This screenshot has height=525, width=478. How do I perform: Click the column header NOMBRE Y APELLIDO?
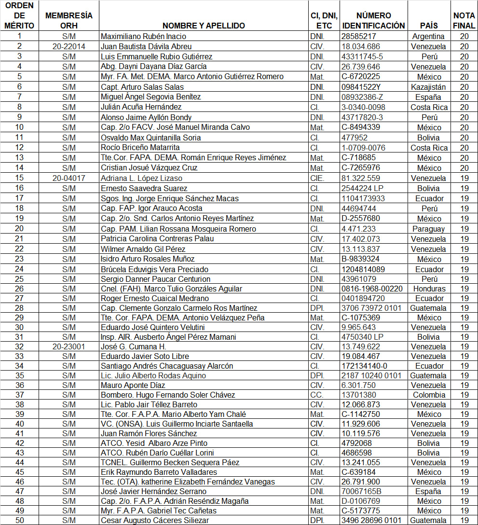pyautogui.click(x=203, y=26)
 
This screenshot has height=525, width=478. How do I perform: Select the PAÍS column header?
pyautogui.click(x=429, y=26)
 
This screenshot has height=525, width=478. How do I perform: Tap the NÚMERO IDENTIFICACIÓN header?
pyautogui.click(x=373, y=21)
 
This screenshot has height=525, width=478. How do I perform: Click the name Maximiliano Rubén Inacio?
pyautogui.click(x=143, y=36)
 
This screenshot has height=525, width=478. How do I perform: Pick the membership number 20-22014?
pyautogui.click(x=68, y=46)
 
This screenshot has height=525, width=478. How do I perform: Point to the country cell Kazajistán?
pyautogui.click(x=429, y=87)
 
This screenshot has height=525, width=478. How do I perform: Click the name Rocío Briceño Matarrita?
pyautogui.click(x=140, y=147)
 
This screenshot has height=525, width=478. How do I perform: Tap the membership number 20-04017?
pyautogui.click(x=68, y=178)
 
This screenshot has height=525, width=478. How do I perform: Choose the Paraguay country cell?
pyautogui.click(x=429, y=229)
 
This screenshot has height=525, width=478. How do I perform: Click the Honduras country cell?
pyautogui.click(x=429, y=289)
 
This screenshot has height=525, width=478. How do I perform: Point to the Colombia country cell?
pyautogui.click(x=429, y=395)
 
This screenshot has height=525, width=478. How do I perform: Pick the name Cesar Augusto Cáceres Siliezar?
pyautogui.click(x=154, y=520)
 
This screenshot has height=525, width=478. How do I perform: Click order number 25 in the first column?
pyautogui.click(x=19, y=279)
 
